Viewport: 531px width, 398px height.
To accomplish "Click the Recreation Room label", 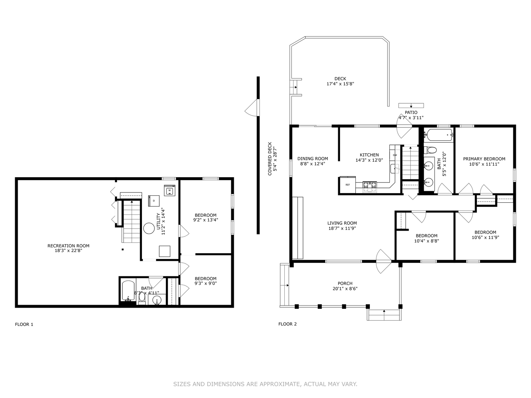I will (68, 246).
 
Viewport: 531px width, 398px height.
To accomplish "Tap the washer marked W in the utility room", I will (169, 191).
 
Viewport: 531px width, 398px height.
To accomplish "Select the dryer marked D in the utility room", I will (154, 200).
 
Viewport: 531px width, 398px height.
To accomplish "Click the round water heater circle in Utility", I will (149, 228).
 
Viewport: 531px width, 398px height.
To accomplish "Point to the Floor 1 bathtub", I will (128, 291).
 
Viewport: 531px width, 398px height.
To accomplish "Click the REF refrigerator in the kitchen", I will (347, 185).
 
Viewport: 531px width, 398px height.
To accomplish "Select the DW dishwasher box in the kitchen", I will (395, 155).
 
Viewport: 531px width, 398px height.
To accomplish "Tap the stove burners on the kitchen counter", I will (369, 185).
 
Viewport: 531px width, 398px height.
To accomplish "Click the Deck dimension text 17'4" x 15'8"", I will (340, 84).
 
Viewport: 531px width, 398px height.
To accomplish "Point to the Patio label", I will (411, 112).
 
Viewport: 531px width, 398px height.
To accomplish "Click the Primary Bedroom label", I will (484, 159).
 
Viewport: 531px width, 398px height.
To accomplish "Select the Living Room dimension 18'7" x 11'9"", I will (342, 228).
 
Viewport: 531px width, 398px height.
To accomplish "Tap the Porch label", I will (345, 283).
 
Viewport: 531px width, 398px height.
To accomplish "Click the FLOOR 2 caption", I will (287, 324).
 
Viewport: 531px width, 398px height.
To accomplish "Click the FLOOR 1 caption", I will (24, 324).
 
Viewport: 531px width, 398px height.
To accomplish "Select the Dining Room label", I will (312, 159).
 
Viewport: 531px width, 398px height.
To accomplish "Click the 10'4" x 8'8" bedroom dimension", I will (426, 241).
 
